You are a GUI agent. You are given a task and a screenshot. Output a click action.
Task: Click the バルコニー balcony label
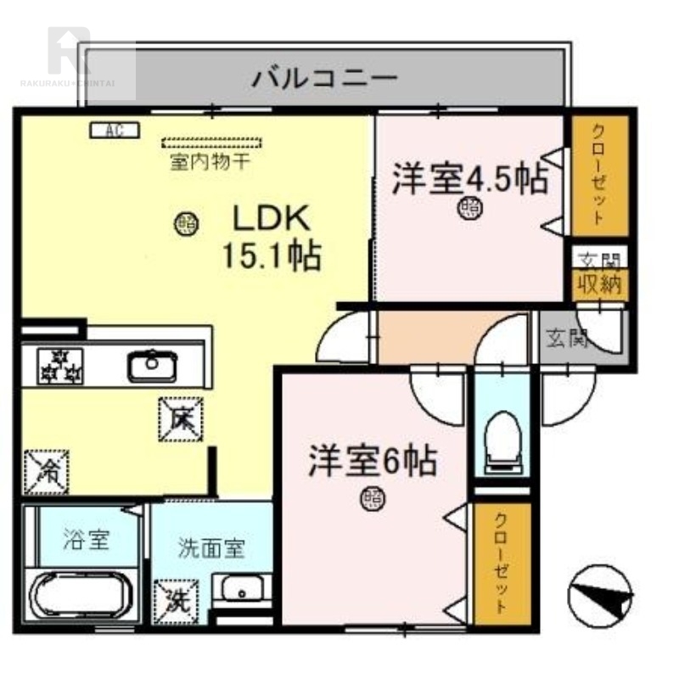pos(324,79)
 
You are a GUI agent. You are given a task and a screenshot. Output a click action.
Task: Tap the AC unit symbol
pos(109,130)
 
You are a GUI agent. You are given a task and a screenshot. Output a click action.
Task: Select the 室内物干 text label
pos(209,161)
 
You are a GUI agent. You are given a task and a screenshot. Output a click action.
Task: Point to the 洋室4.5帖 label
pos(469,179)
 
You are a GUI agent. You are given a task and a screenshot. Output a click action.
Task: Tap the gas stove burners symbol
pos(60,366)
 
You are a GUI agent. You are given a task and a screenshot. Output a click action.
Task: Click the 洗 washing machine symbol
pos(177,601)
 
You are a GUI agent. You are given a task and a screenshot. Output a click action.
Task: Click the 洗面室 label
pos(211,548)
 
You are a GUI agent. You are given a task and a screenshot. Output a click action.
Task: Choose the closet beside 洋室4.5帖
pos(598,175)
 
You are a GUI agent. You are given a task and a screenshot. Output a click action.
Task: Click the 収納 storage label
pos(599,283)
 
